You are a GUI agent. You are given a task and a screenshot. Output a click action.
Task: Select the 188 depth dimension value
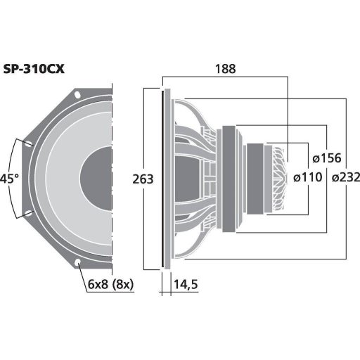pos(226,68)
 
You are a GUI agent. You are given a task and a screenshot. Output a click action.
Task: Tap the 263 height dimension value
pos(142,179)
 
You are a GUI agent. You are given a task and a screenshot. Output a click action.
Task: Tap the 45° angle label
pos(9,179)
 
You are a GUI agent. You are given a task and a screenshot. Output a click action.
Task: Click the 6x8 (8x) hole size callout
pos(111,285)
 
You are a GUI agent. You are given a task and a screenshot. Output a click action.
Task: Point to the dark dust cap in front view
pos(98,179)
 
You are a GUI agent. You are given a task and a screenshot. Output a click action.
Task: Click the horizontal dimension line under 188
pos(226,77)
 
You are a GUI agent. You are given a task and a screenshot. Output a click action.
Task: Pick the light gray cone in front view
pos(67,179)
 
